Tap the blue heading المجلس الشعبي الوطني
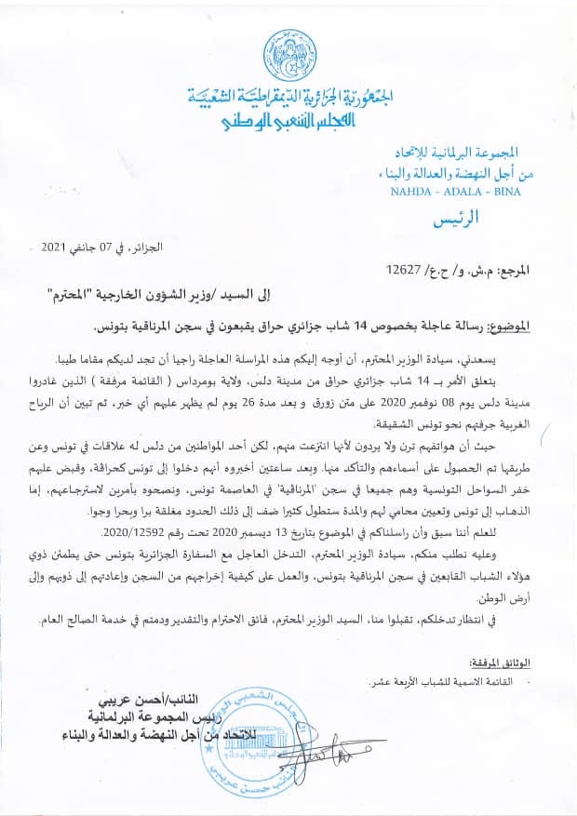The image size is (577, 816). point(283,122)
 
